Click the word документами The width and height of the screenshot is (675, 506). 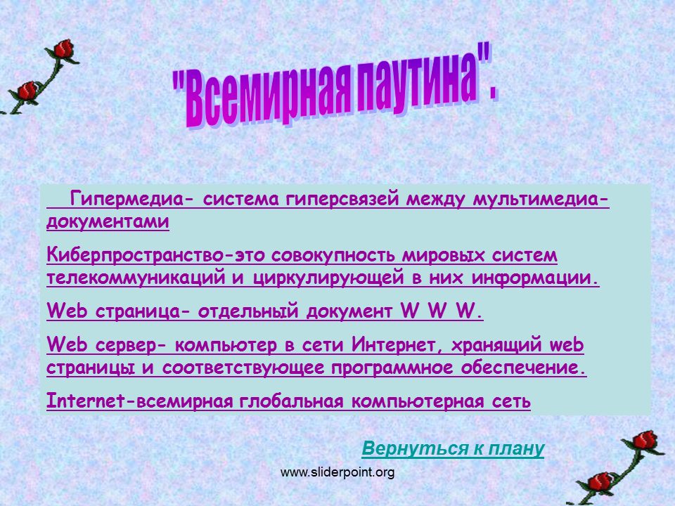(x=108, y=221)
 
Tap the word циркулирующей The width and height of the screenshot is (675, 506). (x=328, y=278)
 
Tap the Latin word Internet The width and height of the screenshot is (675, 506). (x=86, y=401)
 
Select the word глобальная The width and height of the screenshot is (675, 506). (x=291, y=401)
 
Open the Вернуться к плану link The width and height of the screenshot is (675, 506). (x=453, y=448)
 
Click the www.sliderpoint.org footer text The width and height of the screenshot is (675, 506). (x=337, y=472)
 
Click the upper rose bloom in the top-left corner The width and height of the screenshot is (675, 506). (x=64, y=48)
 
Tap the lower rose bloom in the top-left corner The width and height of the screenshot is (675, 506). (x=27, y=91)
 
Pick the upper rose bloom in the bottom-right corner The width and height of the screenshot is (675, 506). (x=645, y=440)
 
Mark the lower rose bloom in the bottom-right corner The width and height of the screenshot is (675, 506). (x=600, y=481)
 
